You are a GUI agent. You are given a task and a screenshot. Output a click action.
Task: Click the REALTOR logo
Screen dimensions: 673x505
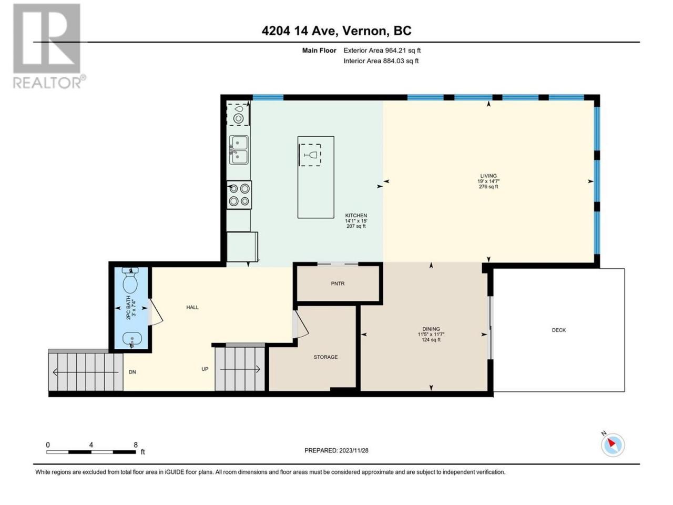point(49,46)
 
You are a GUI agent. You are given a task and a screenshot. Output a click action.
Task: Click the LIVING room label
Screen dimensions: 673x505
point(488,176)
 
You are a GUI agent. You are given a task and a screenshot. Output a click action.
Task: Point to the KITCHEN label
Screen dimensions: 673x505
point(356,216)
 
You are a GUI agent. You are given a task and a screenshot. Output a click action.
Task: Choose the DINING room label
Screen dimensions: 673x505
point(431,329)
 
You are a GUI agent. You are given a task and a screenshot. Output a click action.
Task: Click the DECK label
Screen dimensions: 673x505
point(558,330)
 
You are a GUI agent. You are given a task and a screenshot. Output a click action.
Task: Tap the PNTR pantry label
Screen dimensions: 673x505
point(338,284)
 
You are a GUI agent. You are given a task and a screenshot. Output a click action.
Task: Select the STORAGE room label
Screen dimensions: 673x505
point(325,357)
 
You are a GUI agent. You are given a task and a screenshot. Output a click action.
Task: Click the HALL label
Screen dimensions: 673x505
point(192,307)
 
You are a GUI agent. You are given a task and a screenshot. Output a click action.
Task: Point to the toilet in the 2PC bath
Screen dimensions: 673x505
point(130,280)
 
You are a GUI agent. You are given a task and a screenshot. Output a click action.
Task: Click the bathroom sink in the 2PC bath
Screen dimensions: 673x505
point(132,340)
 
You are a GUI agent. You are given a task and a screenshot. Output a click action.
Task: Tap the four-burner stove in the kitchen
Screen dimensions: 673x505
point(239,195)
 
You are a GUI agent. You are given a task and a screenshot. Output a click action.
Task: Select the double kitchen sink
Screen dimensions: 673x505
point(239,150)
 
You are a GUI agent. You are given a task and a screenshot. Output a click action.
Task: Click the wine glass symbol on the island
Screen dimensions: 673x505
point(310,155)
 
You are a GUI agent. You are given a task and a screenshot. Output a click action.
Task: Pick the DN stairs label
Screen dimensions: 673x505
point(132,372)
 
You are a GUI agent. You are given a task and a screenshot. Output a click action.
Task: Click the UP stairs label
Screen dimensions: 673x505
point(205,369)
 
